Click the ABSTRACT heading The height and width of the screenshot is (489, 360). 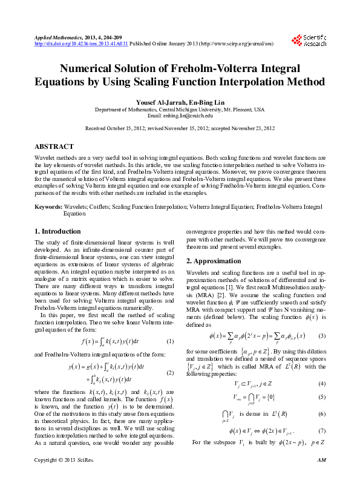coord(54,147)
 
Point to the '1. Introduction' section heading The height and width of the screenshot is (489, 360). coord(57,231)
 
